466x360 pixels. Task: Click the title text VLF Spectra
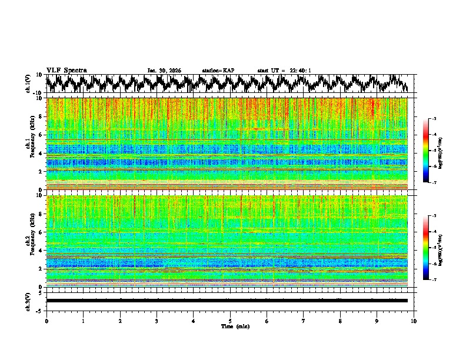coord(66,70)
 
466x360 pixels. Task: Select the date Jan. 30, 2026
coord(164,71)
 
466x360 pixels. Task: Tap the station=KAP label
coord(218,71)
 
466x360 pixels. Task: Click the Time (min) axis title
coord(230,326)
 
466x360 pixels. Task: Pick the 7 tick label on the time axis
coord(304,321)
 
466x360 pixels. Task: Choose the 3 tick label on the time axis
coord(157,321)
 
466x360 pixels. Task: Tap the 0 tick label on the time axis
coord(46,321)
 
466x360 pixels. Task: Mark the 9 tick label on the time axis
coord(377,321)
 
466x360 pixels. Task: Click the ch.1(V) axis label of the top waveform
coord(28,84)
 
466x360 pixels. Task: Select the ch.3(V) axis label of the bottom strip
coord(28,300)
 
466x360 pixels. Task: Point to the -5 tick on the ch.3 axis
coord(41,310)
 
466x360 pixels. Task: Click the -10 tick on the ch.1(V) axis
coord(38,93)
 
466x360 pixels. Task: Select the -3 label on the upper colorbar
coord(434,119)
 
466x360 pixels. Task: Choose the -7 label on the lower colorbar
coord(434,280)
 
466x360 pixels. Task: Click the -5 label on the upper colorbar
coord(434,151)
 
